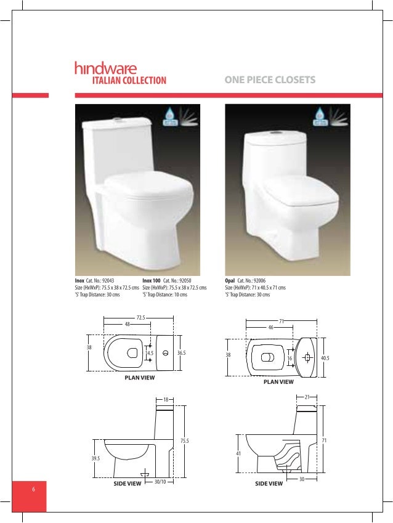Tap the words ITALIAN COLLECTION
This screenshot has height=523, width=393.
129,80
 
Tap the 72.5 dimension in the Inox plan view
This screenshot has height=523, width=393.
140,317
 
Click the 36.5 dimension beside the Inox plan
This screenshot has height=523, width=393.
181,353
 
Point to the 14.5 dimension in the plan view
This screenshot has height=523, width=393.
150,353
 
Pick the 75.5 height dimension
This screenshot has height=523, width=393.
184,440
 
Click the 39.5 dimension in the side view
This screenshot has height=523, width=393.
95,458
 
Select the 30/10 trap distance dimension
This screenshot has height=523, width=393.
161,481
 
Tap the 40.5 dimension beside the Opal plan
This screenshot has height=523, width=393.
325,356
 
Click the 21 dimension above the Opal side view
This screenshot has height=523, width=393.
307,397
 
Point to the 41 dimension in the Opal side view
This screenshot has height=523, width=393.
237,453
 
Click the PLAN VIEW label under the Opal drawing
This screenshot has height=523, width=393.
278,382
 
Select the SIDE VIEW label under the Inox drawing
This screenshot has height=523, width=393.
128,484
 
